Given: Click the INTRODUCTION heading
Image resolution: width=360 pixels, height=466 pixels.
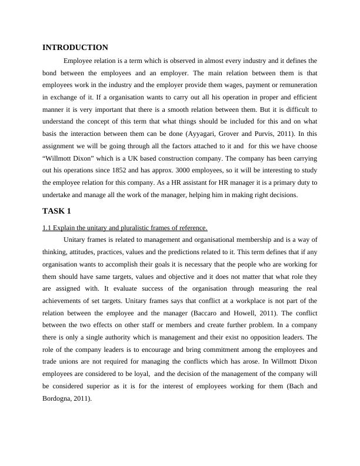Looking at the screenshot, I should coord(75,48).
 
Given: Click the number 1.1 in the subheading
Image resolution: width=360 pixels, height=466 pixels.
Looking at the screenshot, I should coord(47,228).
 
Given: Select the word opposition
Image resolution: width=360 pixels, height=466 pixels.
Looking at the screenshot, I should coord(259,338).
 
